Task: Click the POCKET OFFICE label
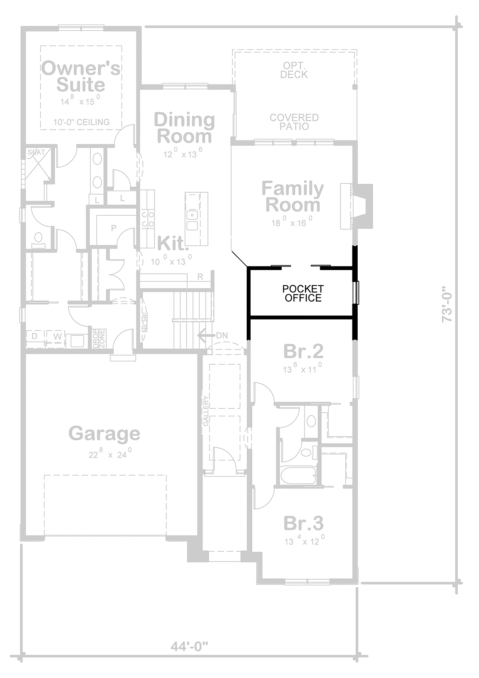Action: (x=303, y=293)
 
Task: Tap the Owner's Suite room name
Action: (x=81, y=76)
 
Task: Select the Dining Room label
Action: (x=184, y=128)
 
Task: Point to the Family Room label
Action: (x=293, y=197)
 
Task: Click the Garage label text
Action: (x=105, y=434)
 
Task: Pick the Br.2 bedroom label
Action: (x=303, y=351)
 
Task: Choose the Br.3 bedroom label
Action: (x=304, y=523)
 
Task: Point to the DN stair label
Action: (x=222, y=335)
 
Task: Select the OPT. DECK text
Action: (x=294, y=70)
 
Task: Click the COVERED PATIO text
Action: (x=294, y=122)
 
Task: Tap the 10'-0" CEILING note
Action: (x=81, y=122)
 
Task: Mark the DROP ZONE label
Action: (x=99, y=339)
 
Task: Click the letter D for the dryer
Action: (x=34, y=336)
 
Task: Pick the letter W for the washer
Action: (x=57, y=336)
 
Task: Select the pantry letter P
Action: (x=114, y=228)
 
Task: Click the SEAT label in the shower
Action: (x=36, y=152)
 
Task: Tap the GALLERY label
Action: (x=206, y=411)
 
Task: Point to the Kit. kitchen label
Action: (x=173, y=243)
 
